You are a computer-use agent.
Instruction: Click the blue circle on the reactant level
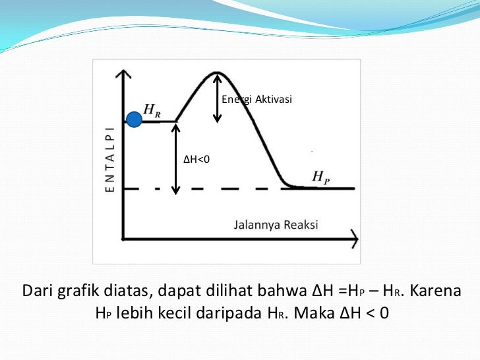pos(134,119)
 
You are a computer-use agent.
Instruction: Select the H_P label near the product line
pos(321,177)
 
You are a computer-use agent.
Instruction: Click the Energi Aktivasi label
pos(256,100)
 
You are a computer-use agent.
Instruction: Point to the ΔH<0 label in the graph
pos(196,159)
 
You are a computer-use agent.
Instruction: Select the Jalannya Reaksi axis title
pos(276,225)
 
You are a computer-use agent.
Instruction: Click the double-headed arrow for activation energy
pos(217,97)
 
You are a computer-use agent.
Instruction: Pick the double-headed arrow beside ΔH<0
pos(175,158)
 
